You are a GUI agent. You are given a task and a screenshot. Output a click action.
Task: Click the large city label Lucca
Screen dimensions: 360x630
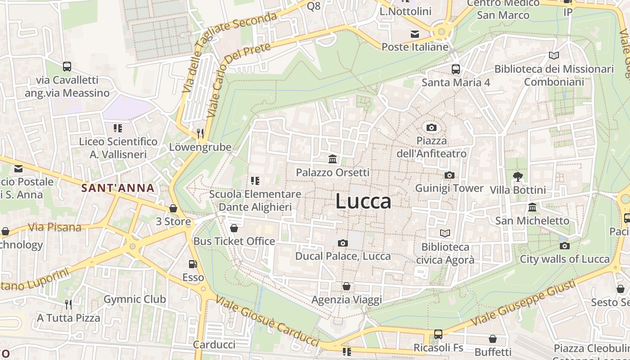(x=363, y=202)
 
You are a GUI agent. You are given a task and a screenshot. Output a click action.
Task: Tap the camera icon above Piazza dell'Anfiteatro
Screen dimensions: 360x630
(x=432, y=127)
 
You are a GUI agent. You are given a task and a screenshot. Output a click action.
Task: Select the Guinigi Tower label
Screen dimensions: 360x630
(x=449, y=188)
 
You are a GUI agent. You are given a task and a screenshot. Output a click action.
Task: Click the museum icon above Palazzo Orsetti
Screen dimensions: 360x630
(x=333, y=159)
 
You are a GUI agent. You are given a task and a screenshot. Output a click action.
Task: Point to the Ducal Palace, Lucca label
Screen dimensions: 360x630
(x=343, y=256)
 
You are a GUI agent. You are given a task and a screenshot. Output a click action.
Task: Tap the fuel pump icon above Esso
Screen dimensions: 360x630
(x=193, y=264)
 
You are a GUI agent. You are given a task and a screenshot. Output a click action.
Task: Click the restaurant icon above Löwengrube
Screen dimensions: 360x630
(x=200, y=133)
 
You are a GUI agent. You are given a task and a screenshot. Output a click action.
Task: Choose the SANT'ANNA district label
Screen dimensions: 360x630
(x=118, y=188)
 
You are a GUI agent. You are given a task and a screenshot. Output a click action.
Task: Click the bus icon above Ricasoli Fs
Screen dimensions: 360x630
(x=438, y=334)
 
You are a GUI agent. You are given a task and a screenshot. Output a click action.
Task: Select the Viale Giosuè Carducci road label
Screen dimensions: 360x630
(x=267, y=320)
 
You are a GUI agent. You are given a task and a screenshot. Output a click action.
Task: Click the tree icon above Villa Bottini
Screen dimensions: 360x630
(x=518, y=176)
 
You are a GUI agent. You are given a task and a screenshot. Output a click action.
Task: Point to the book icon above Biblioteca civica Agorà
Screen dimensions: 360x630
(x=445, y=233)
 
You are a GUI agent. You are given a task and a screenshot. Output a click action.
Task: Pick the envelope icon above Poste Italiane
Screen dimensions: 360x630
(x=414, y=34)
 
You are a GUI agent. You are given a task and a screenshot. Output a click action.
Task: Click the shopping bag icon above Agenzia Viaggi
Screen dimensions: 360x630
(x=346, y=286)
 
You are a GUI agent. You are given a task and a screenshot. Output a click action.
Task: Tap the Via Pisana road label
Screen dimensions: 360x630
(x=55, y=227)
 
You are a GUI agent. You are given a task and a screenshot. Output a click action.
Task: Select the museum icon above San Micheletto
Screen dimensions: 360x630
(x=532, y=207)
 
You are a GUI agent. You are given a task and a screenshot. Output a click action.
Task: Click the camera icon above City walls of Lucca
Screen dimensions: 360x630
(x=564, y=246)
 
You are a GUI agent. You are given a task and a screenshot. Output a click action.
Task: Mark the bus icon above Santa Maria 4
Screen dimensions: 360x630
(x=456, y=69)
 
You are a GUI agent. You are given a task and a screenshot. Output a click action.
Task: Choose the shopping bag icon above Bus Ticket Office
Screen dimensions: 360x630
(x=234, y=228)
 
